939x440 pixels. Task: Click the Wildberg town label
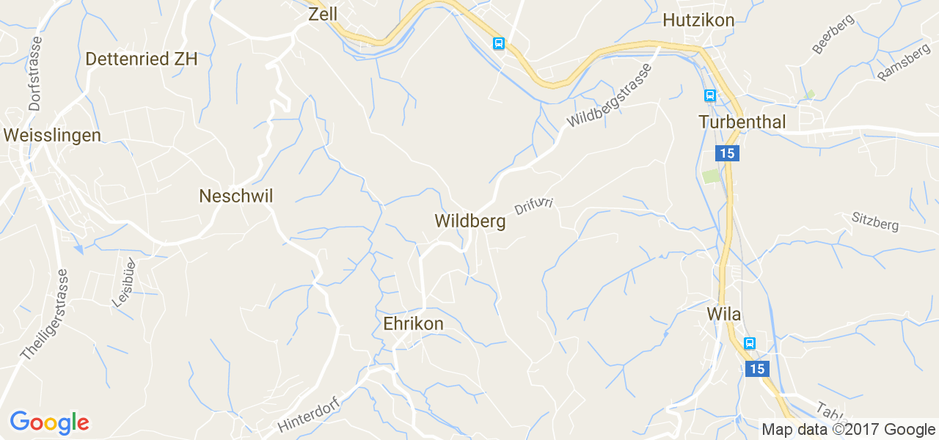(x=469, y=221)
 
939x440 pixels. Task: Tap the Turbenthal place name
(x=742, y=122)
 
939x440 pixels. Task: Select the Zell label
(x=323, y=14)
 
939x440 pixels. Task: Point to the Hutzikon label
(x=698, y=21)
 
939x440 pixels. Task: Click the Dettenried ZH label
(x=142, y=59)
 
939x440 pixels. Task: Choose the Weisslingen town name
(x=52, y=135)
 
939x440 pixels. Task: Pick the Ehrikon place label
(x=413, y=323)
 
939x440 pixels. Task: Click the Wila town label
(x=723, y=315)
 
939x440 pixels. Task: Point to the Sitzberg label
(x=875, y=221)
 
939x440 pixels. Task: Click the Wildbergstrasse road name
(x=609, y=96)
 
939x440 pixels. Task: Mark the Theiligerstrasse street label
(x=45, y=314)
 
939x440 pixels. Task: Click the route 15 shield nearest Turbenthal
(x=727, y=153)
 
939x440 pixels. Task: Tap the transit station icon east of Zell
(x=499, y=43)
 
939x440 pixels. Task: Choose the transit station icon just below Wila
(x=750, y=343)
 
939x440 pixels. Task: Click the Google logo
(x=49, y=422)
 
